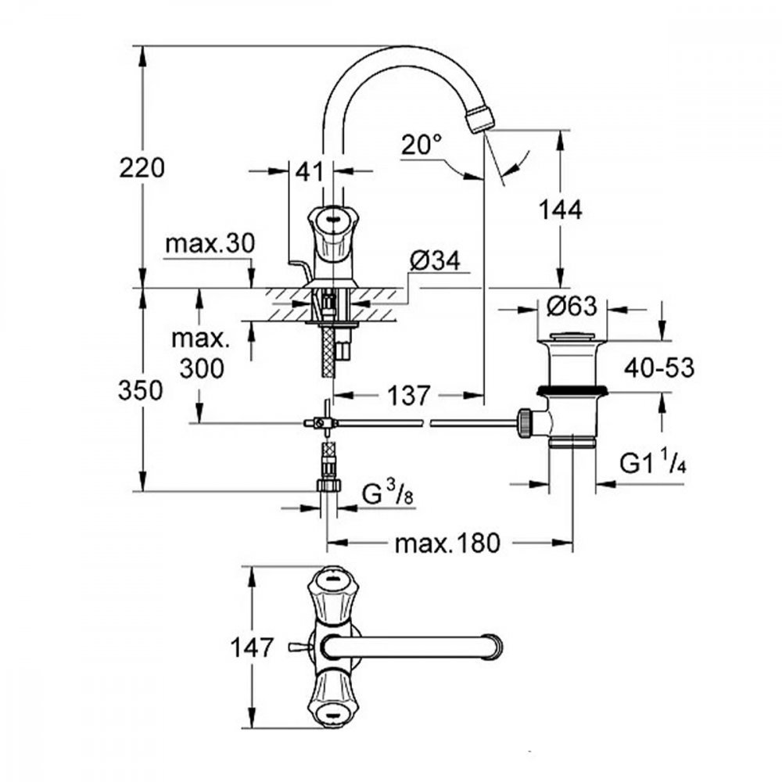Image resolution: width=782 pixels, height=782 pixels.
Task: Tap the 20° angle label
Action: pyautogui.click(x=422, y=145)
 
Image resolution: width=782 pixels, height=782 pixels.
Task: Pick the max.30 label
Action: pyautogui.click(x=210, y=244)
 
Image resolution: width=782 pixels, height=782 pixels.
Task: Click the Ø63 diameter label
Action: pyautogui.click(x=571, y=307)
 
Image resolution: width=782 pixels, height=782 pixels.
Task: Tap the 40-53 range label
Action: pyautogui.click(x=658, y=368)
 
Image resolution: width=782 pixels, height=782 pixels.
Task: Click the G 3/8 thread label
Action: pyautogui.click(x=387, y=494)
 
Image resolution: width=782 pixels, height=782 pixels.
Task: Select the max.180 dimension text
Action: pyautogui.click(x=447, y=543)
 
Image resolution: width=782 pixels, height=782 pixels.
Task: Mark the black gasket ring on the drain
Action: pyautogui.click(x=572, y=389)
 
